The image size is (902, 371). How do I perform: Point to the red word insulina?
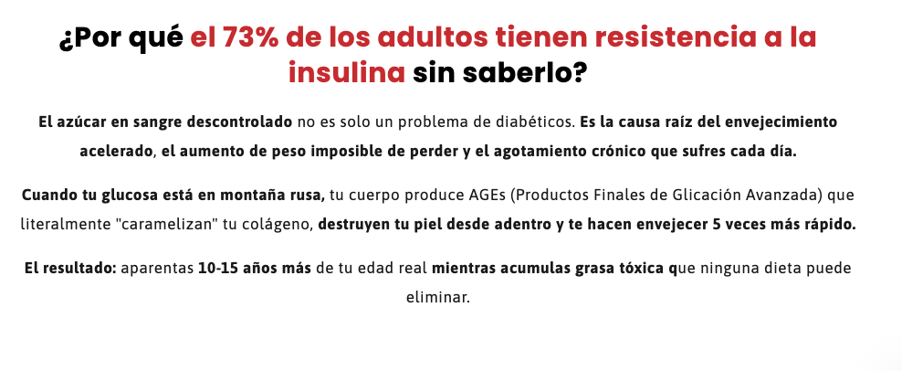pyautogui.click(x=347, y=73)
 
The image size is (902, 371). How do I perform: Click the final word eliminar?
pyautogui.click(x=438, y=298)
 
